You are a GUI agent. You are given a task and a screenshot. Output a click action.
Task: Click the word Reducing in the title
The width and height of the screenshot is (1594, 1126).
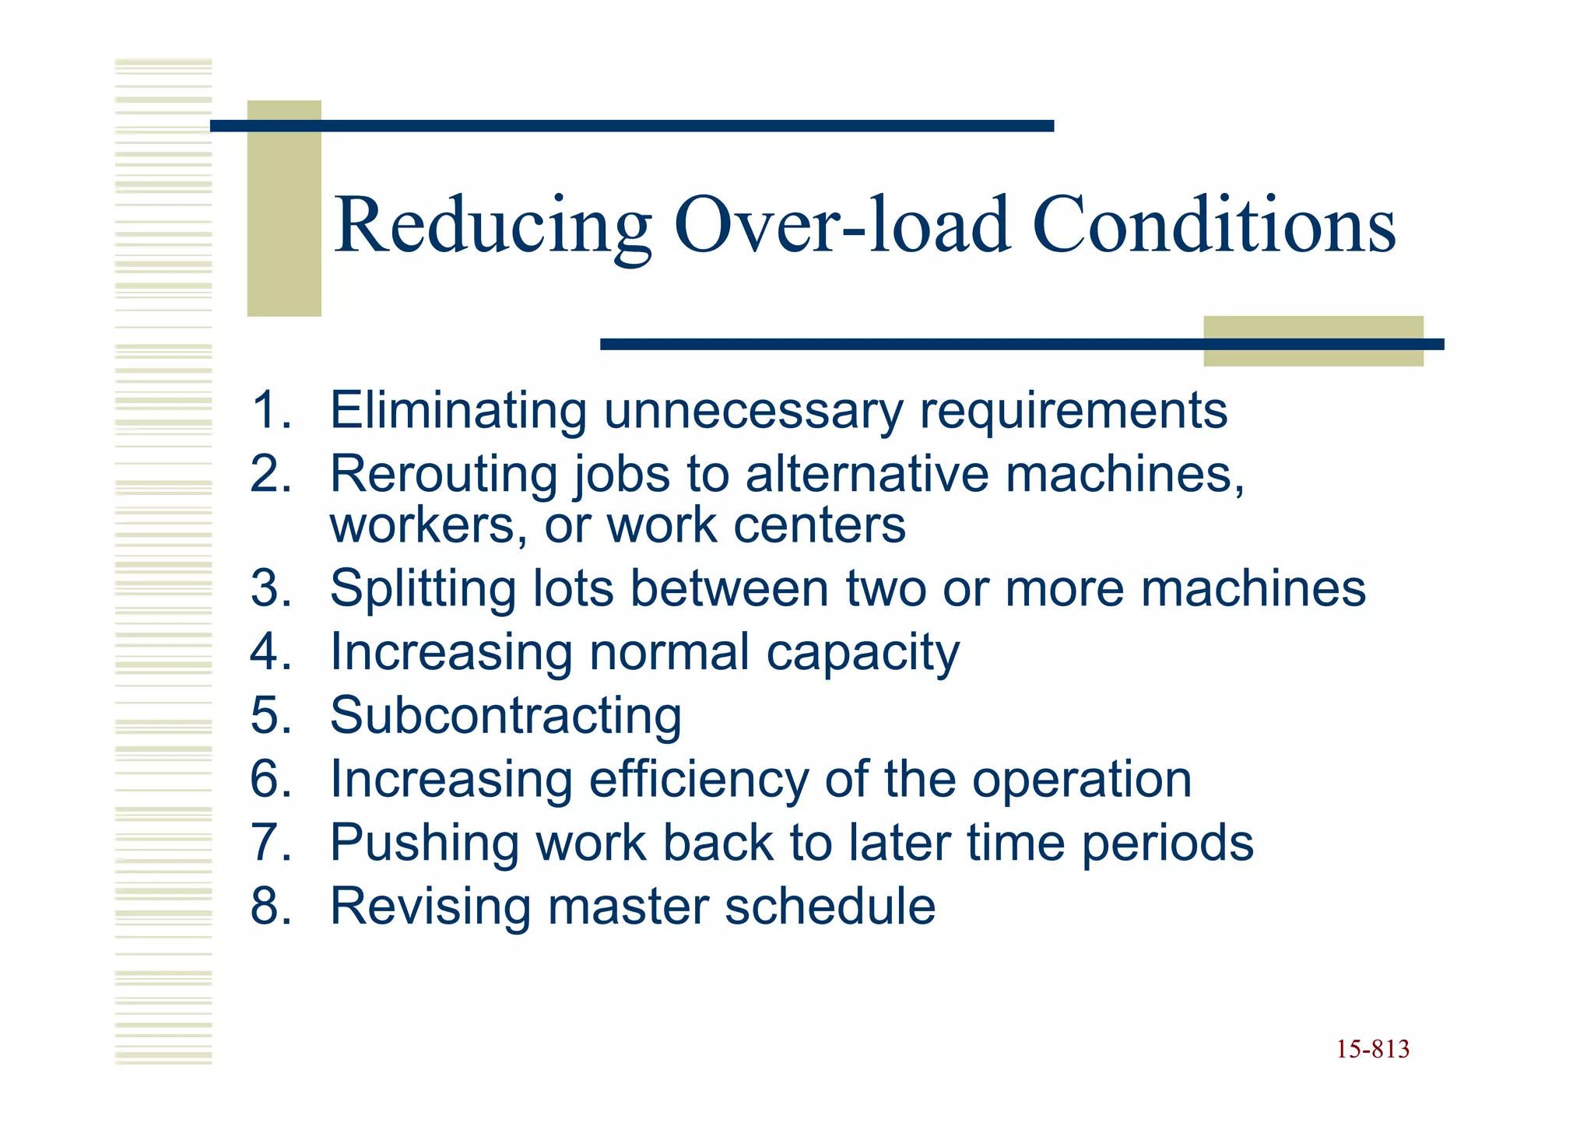pos(493,226)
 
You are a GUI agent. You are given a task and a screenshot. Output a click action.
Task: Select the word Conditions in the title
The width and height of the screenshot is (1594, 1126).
pos(1213,226)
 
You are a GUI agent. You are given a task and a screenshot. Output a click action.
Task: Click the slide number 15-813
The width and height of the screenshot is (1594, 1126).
pos(1372,1049)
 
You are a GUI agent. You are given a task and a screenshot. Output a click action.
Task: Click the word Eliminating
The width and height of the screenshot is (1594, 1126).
pos(458,410)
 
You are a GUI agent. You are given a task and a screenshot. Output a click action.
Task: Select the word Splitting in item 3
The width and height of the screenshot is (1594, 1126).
pos(423,588)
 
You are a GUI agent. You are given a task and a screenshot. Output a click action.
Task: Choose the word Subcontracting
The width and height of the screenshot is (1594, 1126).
pos(506,715)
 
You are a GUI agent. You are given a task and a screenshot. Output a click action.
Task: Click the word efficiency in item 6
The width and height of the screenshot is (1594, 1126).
pos(698,779)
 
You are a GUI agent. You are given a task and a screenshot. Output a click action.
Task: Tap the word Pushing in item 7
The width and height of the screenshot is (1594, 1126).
pos(425,843)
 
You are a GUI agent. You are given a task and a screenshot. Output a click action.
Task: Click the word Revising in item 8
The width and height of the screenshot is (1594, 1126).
pos(430,906)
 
